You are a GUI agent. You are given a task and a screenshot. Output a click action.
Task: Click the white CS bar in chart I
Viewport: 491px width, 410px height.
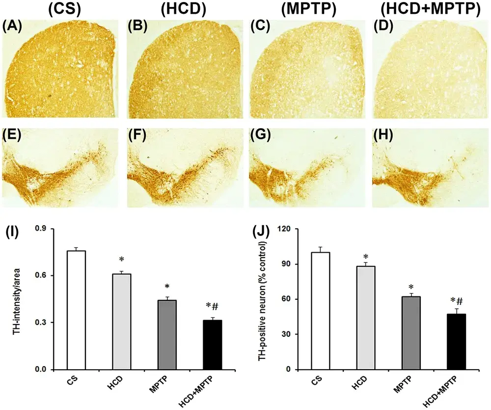[76, 310]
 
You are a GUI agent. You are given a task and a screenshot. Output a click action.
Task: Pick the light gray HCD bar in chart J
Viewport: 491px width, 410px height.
[365, 318]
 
